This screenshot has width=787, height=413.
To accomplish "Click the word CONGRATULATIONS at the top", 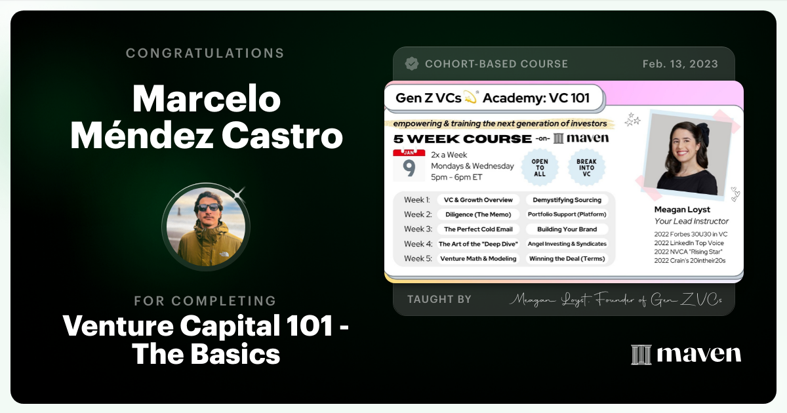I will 205,53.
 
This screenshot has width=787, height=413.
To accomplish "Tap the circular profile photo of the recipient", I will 206,224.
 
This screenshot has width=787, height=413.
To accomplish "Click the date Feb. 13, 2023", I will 680,64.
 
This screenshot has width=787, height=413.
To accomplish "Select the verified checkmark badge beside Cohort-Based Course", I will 412,64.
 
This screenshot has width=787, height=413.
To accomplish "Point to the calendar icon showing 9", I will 409,166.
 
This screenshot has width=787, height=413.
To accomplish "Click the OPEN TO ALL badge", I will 540,166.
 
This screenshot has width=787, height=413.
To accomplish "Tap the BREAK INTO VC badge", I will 586,166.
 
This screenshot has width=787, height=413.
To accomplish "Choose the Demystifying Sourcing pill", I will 567,200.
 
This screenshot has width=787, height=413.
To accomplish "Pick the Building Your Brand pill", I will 567,229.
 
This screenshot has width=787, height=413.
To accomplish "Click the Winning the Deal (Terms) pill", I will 567,258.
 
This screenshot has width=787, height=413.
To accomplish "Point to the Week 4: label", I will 418,244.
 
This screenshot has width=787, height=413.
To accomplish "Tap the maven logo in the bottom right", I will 686,354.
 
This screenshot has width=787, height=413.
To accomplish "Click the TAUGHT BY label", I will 439,300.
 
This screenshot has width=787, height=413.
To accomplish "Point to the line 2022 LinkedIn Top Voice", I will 689,243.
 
